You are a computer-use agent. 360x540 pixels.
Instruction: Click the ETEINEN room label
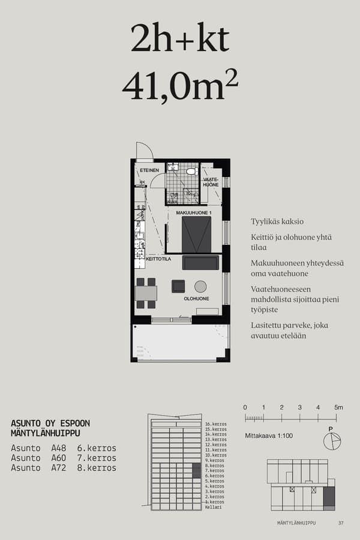[149, 171]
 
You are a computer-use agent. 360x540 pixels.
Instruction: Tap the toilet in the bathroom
[191, 171]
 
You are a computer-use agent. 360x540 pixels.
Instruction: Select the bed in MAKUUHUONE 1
[196, 235]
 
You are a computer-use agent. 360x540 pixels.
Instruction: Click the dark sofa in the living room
[200, 263]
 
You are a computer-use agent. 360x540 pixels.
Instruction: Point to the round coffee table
[200, 286]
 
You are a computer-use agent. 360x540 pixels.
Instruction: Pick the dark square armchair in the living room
[178, 286]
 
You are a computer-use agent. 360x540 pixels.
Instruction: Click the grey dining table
[146, 293]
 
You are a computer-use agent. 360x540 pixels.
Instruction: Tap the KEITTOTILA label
[159, 259]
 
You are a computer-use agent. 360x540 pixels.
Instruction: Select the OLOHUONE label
[196, 298]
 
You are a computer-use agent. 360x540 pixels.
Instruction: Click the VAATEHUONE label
[211, 182]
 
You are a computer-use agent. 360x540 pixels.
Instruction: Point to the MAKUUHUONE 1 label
[194, 213]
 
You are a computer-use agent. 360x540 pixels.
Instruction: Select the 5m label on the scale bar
[338, 407]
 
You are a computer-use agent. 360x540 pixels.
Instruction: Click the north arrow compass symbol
[331, 441]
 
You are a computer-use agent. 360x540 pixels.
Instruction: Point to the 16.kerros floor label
[215, 425]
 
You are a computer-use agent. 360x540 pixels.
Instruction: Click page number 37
[341, 523]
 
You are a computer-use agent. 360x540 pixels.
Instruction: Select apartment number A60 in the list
[59, 458]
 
